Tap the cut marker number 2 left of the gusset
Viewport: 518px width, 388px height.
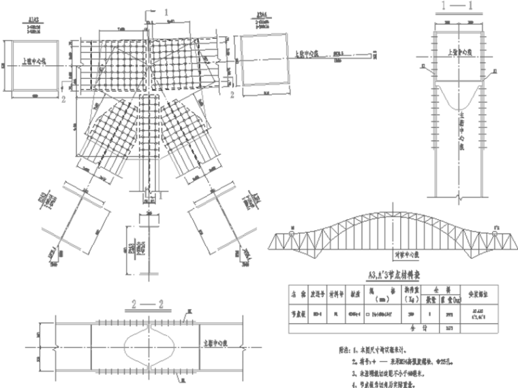(62, 99)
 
